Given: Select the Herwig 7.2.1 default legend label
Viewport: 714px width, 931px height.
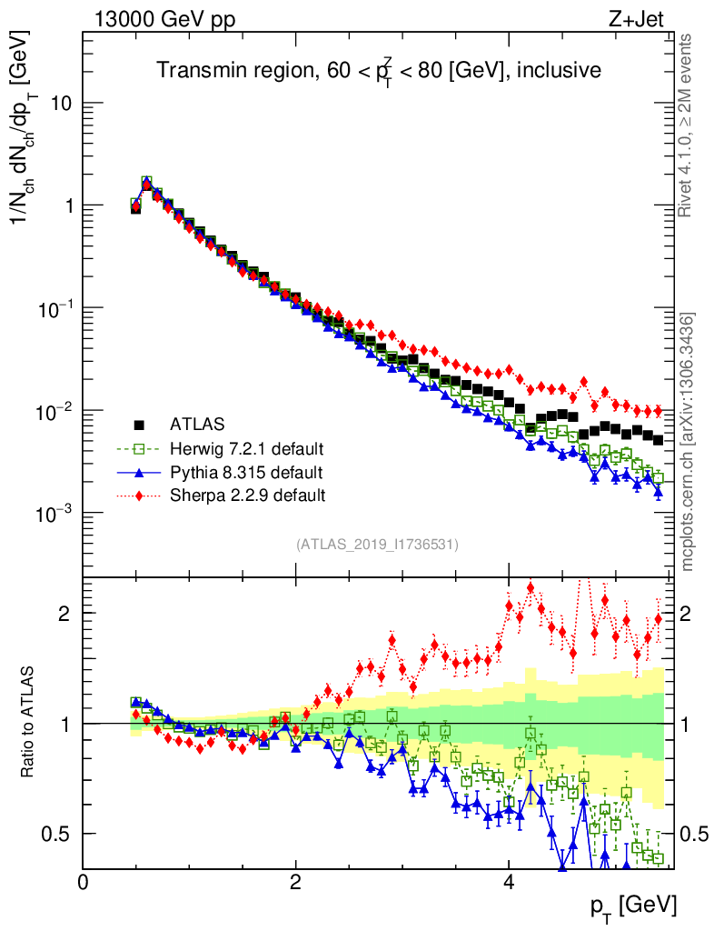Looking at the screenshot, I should pyautogui.click(x=247, y=448).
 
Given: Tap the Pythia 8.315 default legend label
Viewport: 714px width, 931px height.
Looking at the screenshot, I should pyautogui.click(x=246, y=472).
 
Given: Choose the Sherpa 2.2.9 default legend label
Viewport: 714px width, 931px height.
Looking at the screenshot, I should pyautogui.click(x=247, y=496).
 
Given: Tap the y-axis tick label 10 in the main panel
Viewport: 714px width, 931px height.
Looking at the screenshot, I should pyautogui.click(x=61, y=104).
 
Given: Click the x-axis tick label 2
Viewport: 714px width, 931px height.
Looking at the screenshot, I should pyautogui.click(x=296, y=882).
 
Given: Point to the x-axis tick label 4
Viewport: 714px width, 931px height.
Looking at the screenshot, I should pyautogui.click(x=509, y=882).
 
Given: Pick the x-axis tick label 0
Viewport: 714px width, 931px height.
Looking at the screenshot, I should pyautogui.click(x=84, y=882).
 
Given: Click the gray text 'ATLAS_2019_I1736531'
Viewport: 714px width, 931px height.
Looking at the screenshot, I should pyautogui.click(x=377, y=545).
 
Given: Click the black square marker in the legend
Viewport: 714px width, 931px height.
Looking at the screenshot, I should pyautogui.click(x=139, y=424).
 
